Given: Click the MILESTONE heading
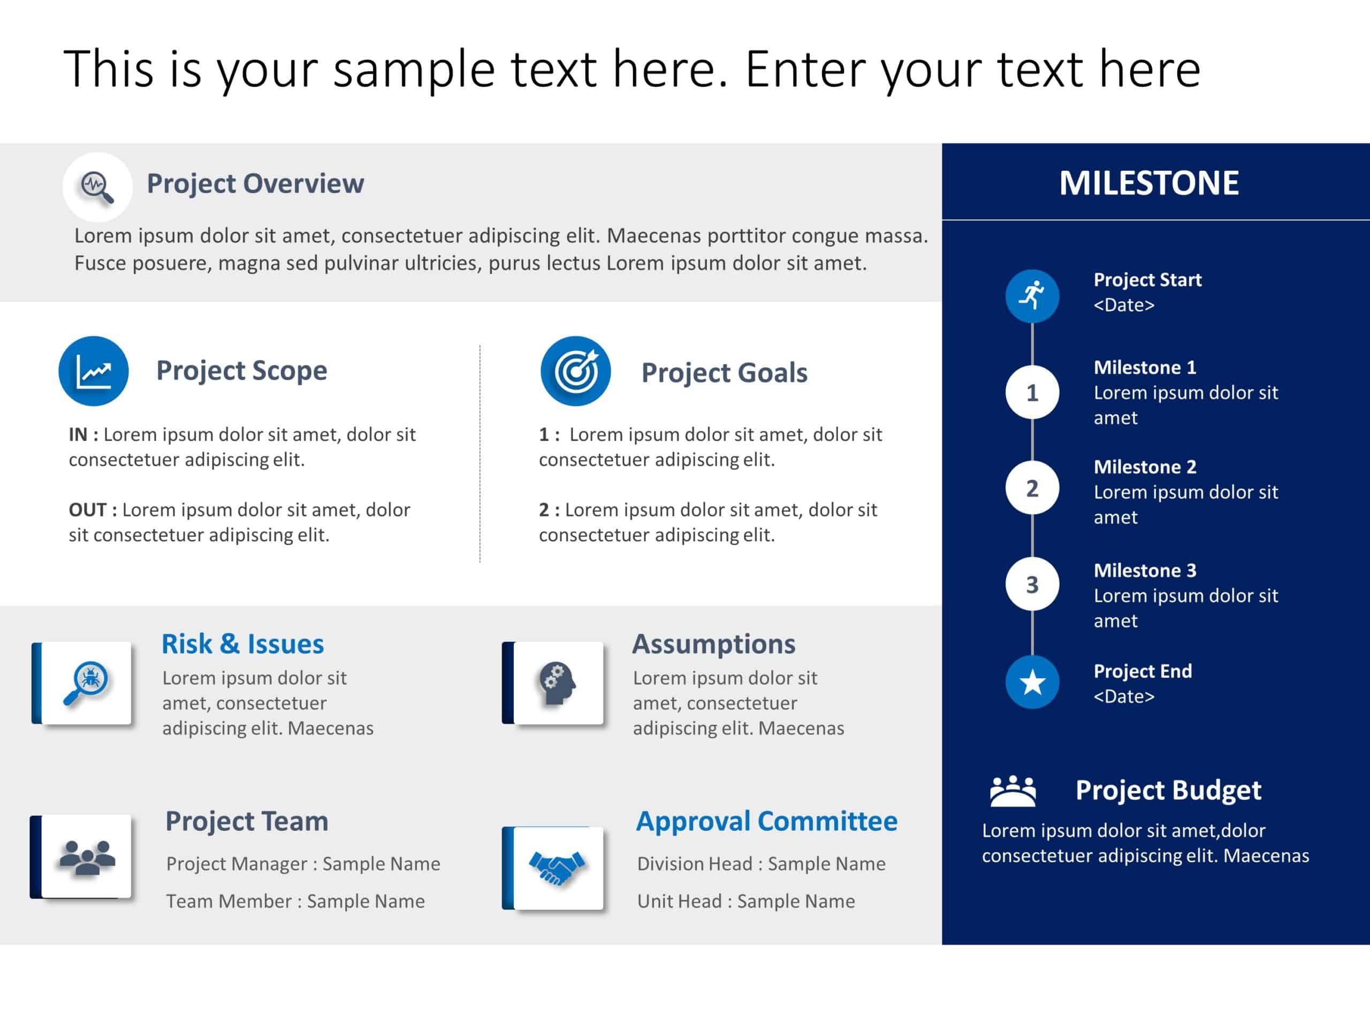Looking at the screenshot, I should (x=1148, y=183).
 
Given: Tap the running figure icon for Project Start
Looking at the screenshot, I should (x=1032, y=296).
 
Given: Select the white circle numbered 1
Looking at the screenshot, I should (x=1032, y=393).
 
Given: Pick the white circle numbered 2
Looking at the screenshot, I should (x=1032, y=488).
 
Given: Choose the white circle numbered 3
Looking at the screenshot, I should (x=1032, y=585).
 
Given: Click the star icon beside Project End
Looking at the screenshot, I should (x=1032, y=682).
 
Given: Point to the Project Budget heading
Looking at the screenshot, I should (x=1168, y=790).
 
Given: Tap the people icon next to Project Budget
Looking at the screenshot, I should (x=1012, y=791).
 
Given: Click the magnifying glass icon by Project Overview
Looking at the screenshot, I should (x=97, y=187).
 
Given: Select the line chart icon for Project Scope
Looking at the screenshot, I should (x=94, y=371).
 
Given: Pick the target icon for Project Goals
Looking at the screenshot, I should (x=575, y=371).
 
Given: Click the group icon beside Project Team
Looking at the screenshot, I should (x=87, y=857).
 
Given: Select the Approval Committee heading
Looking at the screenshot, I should (x=766, y=822).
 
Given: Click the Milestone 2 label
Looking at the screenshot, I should (x=1145, y=467).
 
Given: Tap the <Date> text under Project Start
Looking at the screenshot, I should (x=1123, y=305).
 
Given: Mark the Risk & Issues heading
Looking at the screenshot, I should (x=242, y=645).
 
